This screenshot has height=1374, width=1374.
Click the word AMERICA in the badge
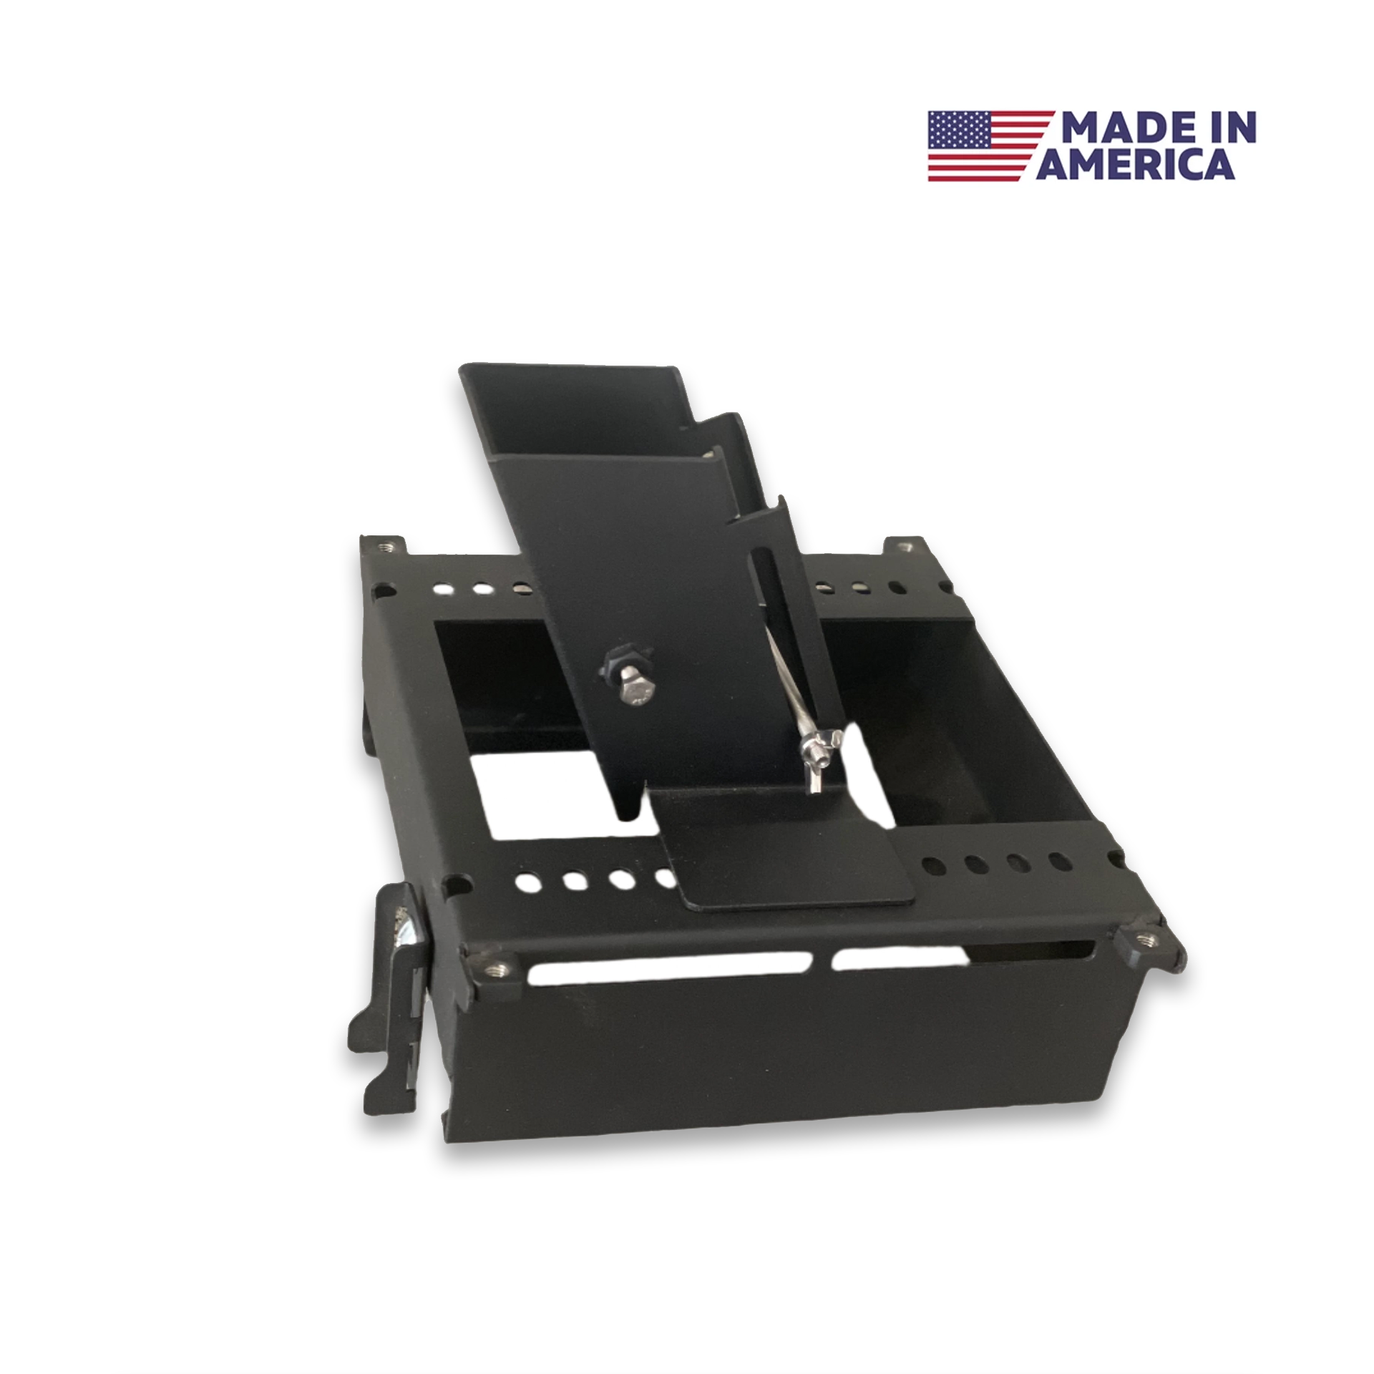[1136, 163]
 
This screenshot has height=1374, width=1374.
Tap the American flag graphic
[990, 145]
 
